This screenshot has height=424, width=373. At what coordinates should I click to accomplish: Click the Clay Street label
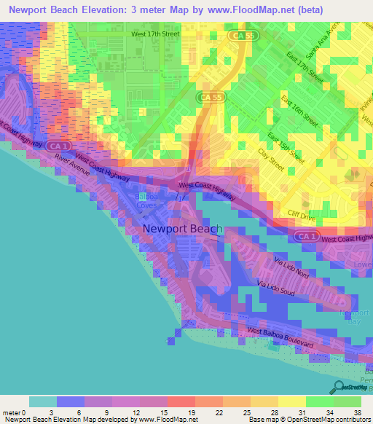pos(272,160)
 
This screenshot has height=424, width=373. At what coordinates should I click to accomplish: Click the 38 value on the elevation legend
pos(357,412)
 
